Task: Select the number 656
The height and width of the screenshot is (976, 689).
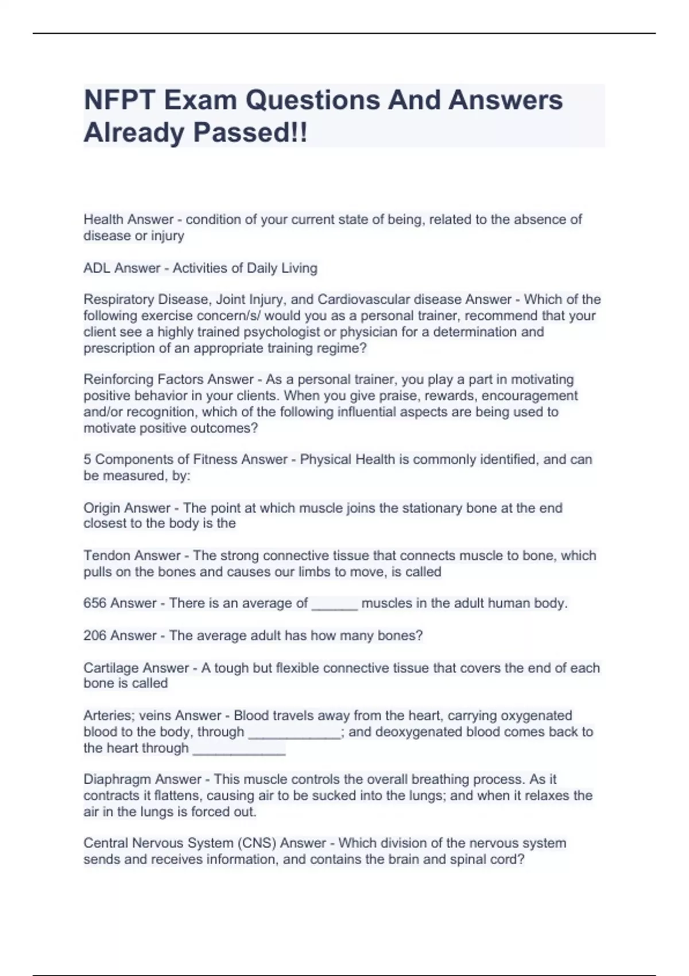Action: pyautogui.click(x=95, y=603)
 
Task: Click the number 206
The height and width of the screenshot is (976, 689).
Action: pyautogui.click(x=95, y=636)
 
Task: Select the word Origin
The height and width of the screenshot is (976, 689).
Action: pyautogui.click(x=102, y=508)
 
